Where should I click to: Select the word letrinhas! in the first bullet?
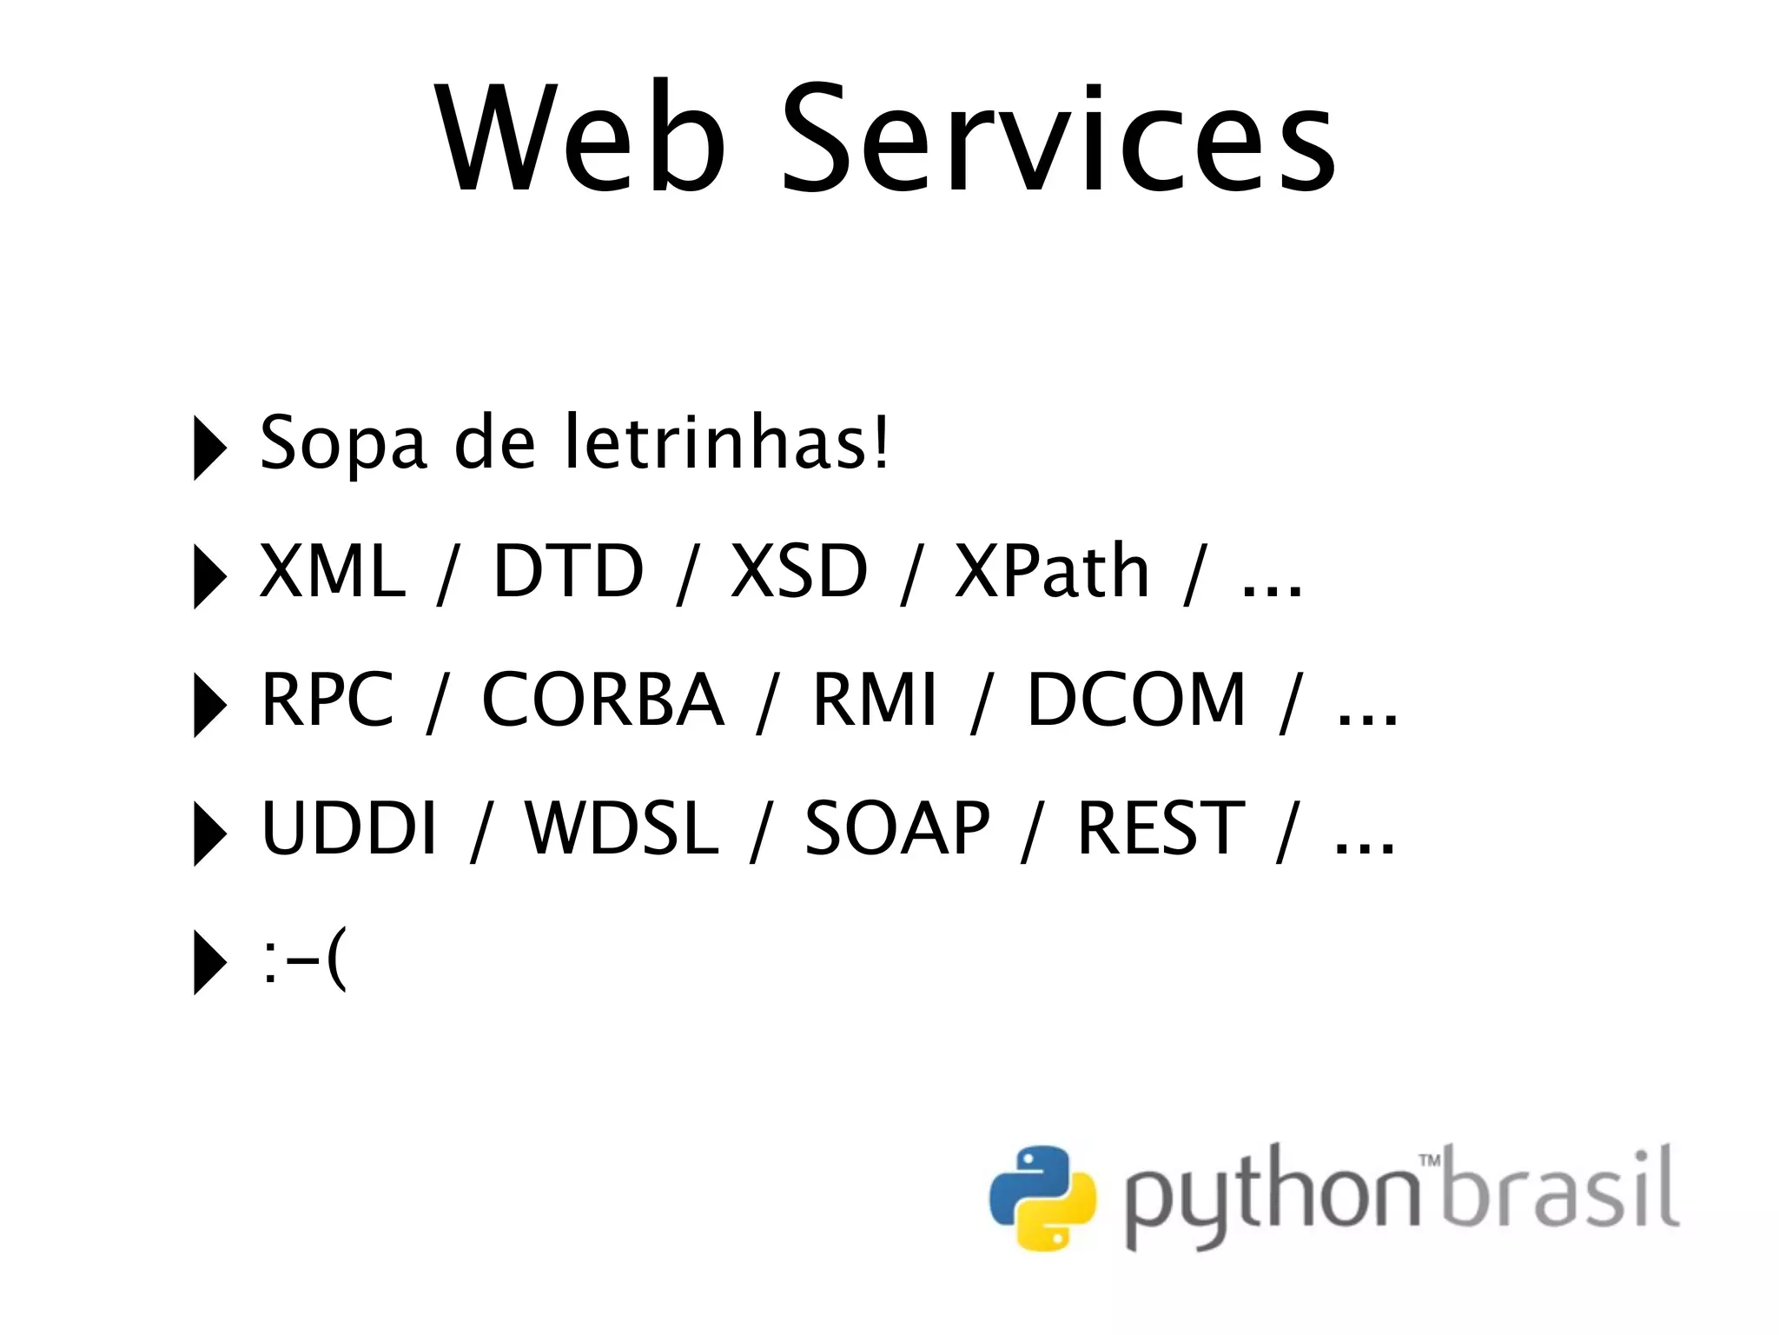[726, 442]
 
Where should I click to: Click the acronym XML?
[333, 571]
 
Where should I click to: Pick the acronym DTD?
[568, 571]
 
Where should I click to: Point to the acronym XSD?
[799, 571]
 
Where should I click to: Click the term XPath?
[1052, 571]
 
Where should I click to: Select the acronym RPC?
[327, 700]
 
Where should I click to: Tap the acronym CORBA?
[602, 700]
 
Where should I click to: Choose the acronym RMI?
[874, 700]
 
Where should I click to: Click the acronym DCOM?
[1136, 700]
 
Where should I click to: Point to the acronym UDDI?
[348, 828]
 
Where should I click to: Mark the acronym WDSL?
[622, 828]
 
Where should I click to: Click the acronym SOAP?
[896, 828]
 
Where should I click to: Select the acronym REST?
[1161, 828]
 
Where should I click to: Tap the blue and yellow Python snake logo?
[1042, 1199]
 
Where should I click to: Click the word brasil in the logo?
[1561, 1189]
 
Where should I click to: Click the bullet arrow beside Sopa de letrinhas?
[208, 448]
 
